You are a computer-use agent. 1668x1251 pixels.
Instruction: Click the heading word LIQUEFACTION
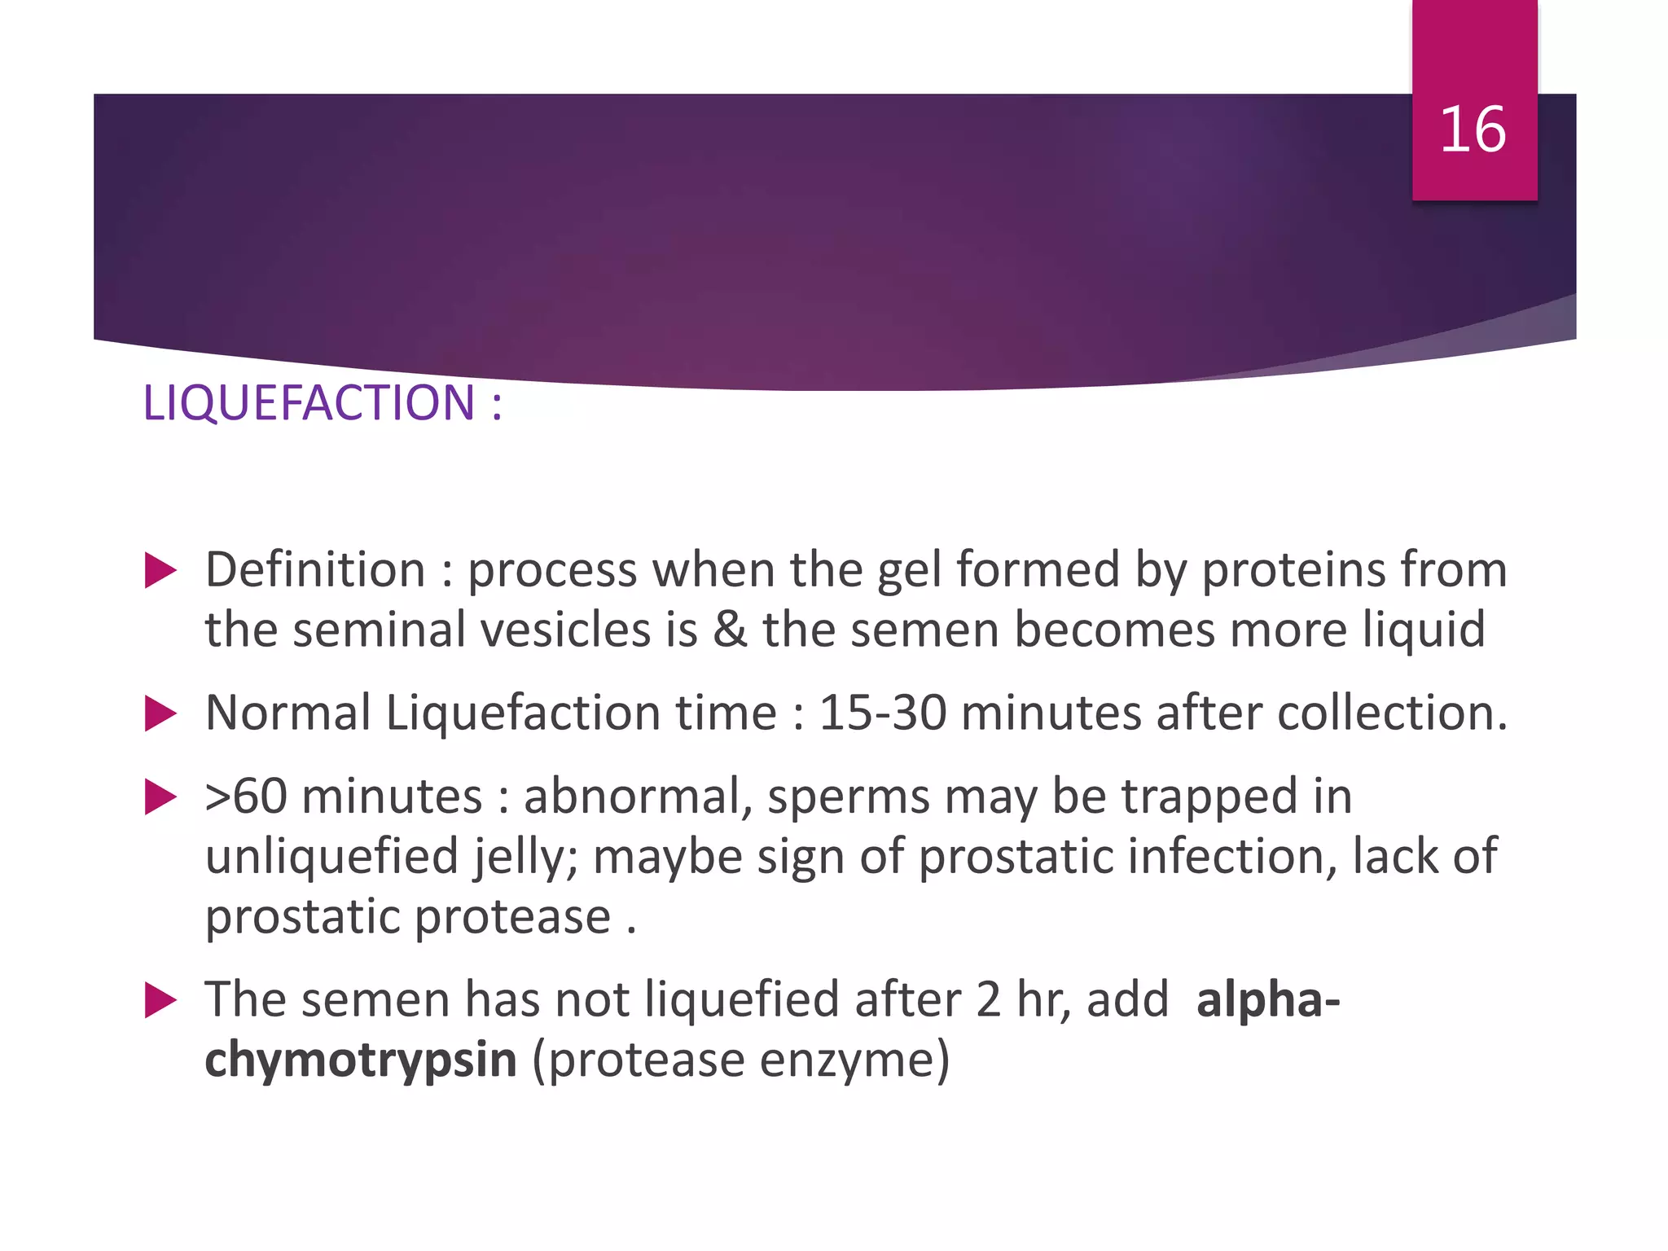click(x=309, y=402)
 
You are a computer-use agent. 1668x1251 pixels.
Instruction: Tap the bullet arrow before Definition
click(x=160, y=570)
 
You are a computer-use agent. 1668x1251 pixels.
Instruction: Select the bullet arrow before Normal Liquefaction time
click(x=160, y=714)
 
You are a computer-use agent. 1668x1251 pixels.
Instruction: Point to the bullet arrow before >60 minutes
click(x=160, y=797)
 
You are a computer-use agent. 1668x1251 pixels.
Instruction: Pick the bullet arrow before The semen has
click(x=160, y=1000)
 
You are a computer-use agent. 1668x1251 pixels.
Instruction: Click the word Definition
click(x=315, y=569)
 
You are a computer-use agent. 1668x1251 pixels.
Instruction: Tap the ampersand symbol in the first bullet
click(x=730, y=630)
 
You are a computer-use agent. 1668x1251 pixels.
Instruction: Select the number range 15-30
click(x=882, y=713)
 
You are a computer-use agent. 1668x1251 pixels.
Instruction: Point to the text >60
click(x=246, y=797)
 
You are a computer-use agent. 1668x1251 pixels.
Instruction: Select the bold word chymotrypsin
click(x=361, y=1060)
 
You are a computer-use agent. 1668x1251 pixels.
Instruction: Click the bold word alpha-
click(x=1267, y=1000)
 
